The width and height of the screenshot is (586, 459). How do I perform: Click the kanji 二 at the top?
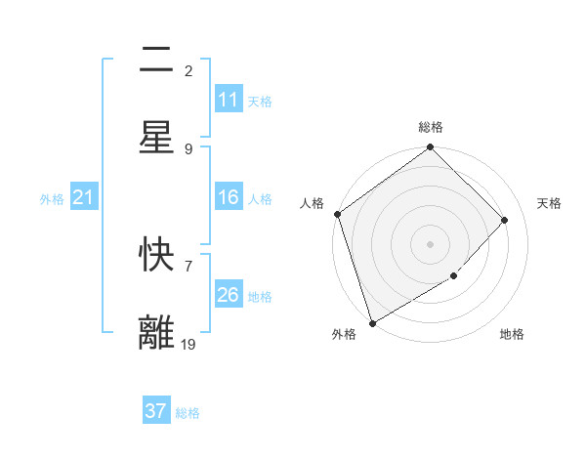coord(156,61)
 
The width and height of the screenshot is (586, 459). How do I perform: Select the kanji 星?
coord(156,138)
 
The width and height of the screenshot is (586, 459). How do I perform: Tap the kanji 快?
coord(156,255)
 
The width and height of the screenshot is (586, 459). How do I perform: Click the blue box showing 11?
coord(229,100)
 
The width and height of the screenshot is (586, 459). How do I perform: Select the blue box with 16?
coord(229,197)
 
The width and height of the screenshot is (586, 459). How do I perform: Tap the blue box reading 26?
coord(229,294)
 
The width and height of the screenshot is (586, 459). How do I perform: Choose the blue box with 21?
coord(84,198)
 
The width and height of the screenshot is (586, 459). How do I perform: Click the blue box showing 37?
coord(156,411)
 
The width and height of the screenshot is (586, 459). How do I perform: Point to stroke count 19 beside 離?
coord(188,344)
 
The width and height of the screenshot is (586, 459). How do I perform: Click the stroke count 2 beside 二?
coord(188,70)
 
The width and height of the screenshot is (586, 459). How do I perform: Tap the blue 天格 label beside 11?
coord(260,101)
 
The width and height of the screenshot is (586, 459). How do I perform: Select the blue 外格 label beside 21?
coord(52,199)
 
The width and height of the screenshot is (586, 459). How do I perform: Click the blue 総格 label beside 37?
coord(188,412)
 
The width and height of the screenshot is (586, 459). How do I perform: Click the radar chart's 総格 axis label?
coord(431,127)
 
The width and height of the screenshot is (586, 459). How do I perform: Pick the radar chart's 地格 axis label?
coord(512,334)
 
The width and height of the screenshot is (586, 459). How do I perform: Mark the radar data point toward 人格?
coord(337,214)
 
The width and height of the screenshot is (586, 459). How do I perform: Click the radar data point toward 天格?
coord(505,220)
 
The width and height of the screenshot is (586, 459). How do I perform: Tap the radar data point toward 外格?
coord(372,322)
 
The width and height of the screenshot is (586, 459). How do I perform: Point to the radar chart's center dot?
coord(431,243)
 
